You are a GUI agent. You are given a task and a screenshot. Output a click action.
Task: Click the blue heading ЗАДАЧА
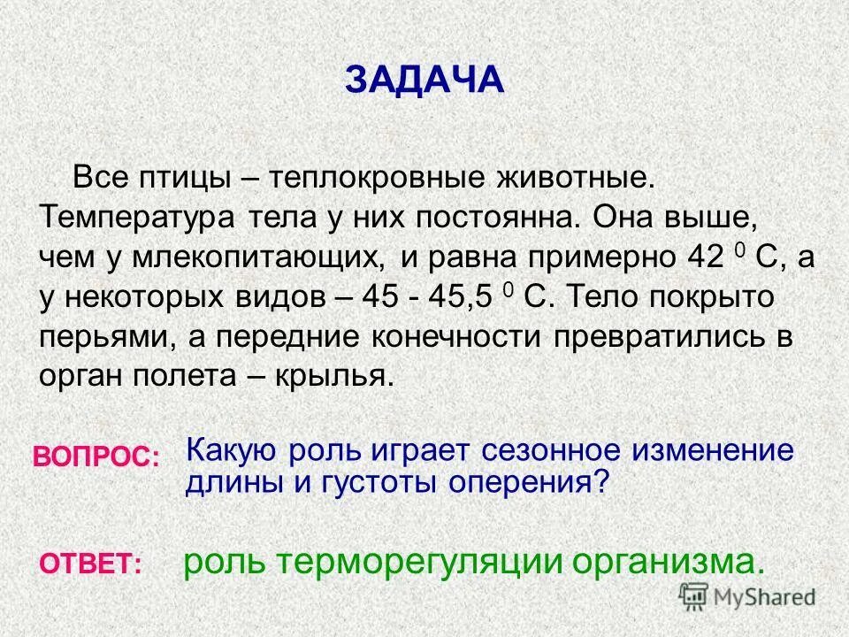point(424,80)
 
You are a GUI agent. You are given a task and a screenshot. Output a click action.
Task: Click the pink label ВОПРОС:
point(96,457)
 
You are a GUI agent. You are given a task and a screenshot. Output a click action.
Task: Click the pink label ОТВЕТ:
point(89,564)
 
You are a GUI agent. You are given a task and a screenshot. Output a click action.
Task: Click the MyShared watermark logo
point(747,596)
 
